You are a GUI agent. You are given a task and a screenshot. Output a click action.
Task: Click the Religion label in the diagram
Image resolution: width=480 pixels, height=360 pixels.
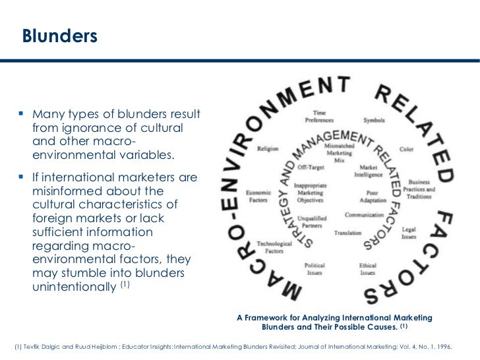pyautogui.click(x=268, y=149)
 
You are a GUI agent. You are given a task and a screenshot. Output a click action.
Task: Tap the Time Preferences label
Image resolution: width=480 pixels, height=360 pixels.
pyautogui.click(x=319, y=117)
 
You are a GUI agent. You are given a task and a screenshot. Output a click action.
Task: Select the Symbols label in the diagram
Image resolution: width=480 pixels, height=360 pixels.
pyautogui.click(x=374, y=121)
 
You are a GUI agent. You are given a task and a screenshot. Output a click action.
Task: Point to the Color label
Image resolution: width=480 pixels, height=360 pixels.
pyautogui.click(x=407, y=150)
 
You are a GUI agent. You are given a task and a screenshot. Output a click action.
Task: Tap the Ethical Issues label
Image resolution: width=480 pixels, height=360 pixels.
pyautogui.click(x=368, y=269)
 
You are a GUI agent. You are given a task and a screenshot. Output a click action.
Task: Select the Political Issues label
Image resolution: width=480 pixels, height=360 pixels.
pyautogui.click(x=314, y=269)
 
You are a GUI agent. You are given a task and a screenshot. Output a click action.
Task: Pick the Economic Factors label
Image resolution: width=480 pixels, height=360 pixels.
pyautogui.click(x=258, y=195)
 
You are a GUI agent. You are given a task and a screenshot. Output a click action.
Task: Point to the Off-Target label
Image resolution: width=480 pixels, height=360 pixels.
pyautogui.click(x=309, y=168)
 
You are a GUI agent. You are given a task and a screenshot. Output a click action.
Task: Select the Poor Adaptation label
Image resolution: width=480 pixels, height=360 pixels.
pyautogui.click(x=373, y=196)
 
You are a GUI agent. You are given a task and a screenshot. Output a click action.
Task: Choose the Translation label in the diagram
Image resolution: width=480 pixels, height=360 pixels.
pyautogui.click(x=348, y=233)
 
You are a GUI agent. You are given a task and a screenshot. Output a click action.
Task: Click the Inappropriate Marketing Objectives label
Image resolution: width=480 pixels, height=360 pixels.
pyautogui.click(x=313, y=194)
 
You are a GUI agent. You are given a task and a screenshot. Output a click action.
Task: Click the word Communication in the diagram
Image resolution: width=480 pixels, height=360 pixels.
pyautogui.click(x=364, y=215)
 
